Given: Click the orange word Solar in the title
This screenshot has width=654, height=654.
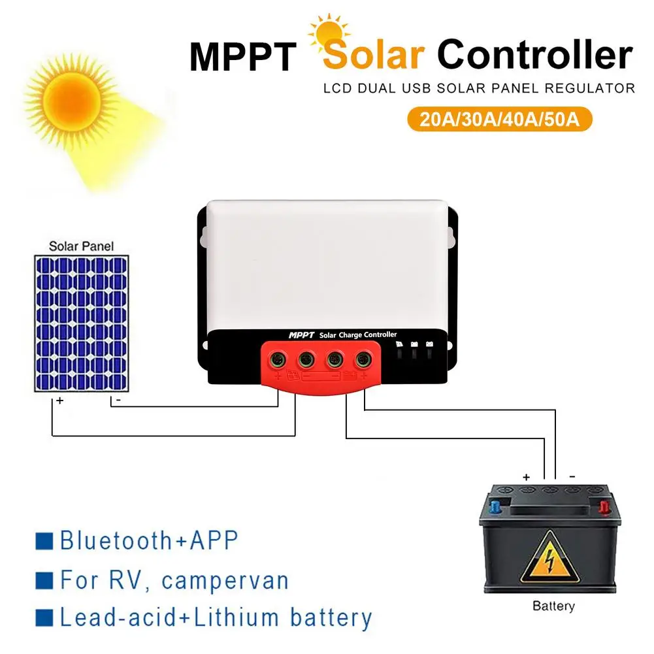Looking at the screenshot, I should [374, 56].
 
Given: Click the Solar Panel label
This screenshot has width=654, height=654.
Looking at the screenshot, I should [81, 246].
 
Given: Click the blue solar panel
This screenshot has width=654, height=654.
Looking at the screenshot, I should [80, 323].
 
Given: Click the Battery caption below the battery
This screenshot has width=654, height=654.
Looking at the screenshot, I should [553, 606].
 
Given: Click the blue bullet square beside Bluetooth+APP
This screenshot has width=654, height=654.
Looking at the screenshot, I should [44, 541].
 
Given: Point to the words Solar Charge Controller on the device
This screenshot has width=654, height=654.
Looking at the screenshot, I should [357, 335].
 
